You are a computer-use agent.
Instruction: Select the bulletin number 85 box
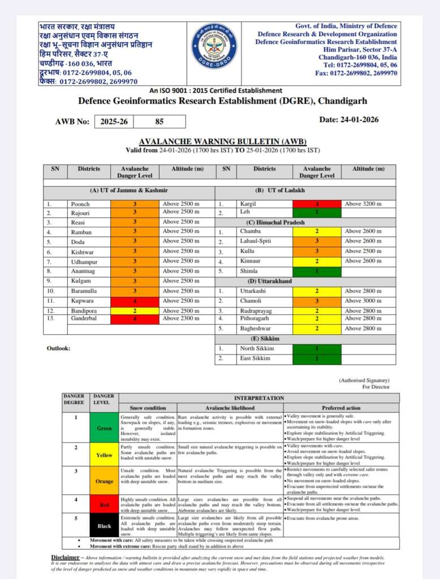[x=159, y=121]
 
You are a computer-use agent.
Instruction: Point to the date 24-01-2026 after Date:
[x=356, y=119]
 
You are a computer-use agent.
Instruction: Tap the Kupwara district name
[x=81, y=300]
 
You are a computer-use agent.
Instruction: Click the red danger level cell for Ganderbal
[x=135, y=319]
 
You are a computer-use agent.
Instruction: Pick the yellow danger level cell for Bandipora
[x=135, y=310]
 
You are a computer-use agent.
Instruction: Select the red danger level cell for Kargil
[x=317, y=204]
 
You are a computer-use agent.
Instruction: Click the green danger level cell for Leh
[x=317, y=213]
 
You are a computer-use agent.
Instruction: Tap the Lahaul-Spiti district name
[x=255, y=241]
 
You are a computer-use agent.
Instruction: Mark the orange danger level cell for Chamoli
[x=317, y=300]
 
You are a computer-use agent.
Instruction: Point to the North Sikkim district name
[x=256, y=348]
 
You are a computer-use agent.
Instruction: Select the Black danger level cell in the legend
[x=104, y=525]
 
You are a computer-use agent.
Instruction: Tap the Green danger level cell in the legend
[x=104, y=428]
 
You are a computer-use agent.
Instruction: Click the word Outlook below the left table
[x=58, y=348]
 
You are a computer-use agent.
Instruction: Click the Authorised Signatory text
[x=364, y=381]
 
